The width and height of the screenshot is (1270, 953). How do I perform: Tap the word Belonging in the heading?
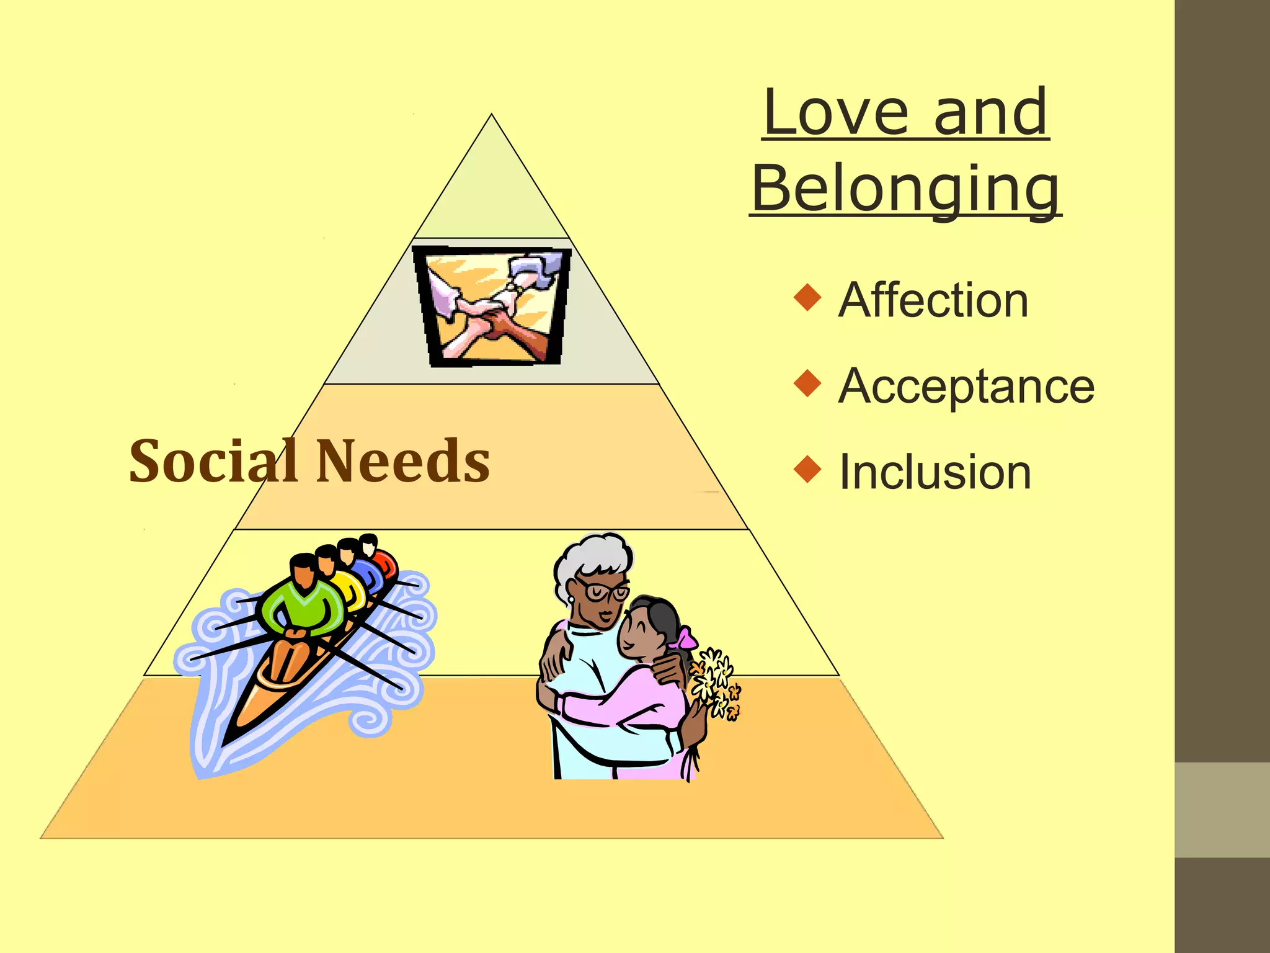point(905,189)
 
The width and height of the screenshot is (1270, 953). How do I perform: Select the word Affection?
point(933,300)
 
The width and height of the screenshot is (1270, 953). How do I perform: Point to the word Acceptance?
point(966,386)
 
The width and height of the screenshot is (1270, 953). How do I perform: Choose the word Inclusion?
point(935,472)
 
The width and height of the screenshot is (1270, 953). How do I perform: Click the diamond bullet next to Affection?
point(807,297)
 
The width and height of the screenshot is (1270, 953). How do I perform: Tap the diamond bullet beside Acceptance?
point(807,383)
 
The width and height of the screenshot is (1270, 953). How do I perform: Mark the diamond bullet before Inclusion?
point(807,469)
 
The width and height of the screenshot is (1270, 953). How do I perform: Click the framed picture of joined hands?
point(492,306)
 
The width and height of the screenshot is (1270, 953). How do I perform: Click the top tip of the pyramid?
point(492,117)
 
